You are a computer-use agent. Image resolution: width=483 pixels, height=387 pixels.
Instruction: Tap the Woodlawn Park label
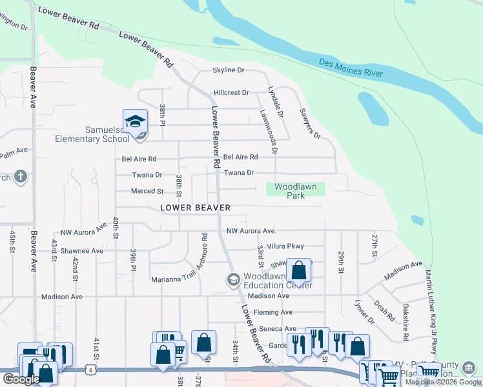pos(296,191)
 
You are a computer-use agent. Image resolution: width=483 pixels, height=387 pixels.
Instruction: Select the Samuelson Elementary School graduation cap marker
pos(136,122)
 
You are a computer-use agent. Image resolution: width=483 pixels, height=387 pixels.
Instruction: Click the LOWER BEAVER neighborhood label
pos(195,208)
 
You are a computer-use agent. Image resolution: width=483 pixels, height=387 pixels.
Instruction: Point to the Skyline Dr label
pos(229,70)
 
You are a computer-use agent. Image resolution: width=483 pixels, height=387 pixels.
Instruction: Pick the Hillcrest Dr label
pos(231,93)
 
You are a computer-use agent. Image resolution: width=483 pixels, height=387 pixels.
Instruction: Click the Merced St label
pos(147,192)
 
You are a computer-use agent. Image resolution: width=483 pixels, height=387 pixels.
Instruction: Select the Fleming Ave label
pos(273,312)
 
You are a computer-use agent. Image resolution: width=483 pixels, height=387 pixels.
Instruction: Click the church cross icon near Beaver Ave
pos(21,176)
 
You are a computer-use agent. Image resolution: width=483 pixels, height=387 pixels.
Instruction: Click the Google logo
pos(21,379)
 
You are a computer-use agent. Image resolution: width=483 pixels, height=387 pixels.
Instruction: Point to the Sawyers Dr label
pos(310,123)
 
